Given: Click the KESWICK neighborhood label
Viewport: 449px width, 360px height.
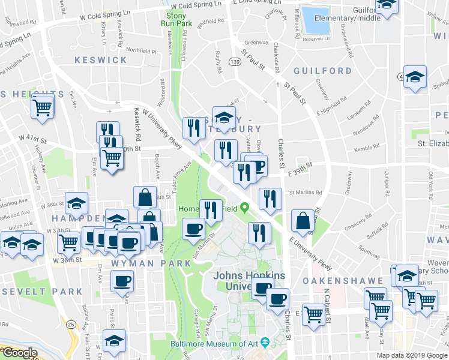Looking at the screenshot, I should point(101,60).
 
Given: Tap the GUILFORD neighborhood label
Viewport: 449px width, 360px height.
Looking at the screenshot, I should point(322,71).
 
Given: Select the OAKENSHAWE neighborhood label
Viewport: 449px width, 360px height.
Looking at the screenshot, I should point(342,280).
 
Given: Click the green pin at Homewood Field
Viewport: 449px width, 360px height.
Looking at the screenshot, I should point(244,208).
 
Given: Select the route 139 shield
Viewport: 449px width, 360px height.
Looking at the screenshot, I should point(235,62).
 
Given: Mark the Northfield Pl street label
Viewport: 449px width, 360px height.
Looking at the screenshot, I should point(142,51).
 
